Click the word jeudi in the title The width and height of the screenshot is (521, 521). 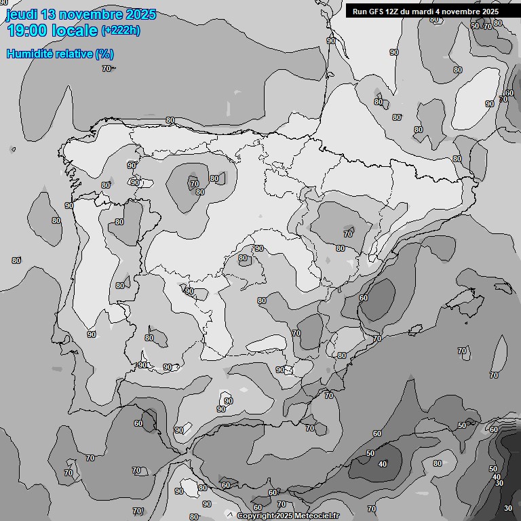(x=20, y=14)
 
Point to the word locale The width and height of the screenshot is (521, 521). (x=75, y=31)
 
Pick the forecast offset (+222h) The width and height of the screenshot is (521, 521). (x=120, y=31)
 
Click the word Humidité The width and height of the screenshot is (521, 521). (x=30, y=54)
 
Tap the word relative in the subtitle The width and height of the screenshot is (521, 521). (x=75, y=54)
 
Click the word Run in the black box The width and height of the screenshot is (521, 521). (x=360, y=12)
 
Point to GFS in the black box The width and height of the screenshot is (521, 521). (x=376, y=12)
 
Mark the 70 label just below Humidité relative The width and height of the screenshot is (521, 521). (x=107, y=69)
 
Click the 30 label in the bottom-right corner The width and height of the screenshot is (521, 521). (x=508, y=508)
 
